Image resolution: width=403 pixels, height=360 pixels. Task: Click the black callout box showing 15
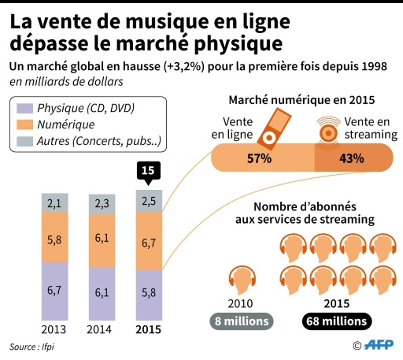coord(147,171)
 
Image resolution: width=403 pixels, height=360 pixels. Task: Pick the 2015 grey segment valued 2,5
coord(148,201)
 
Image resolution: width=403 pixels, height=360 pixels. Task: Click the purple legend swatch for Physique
coord(23,107)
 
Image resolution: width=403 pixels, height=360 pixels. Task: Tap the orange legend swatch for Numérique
coord(23,124)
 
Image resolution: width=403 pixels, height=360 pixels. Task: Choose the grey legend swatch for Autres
coord(23,142)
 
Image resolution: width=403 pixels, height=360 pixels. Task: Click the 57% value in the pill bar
coord(259,158)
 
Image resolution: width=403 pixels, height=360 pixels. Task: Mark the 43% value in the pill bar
coord(351,158)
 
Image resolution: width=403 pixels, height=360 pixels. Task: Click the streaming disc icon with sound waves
coord(327,130)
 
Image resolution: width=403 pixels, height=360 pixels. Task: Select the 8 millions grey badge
coord(241,321)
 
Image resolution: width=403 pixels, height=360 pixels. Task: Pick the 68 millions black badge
coord(335,321)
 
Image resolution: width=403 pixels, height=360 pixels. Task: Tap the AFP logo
coord(378,345)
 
